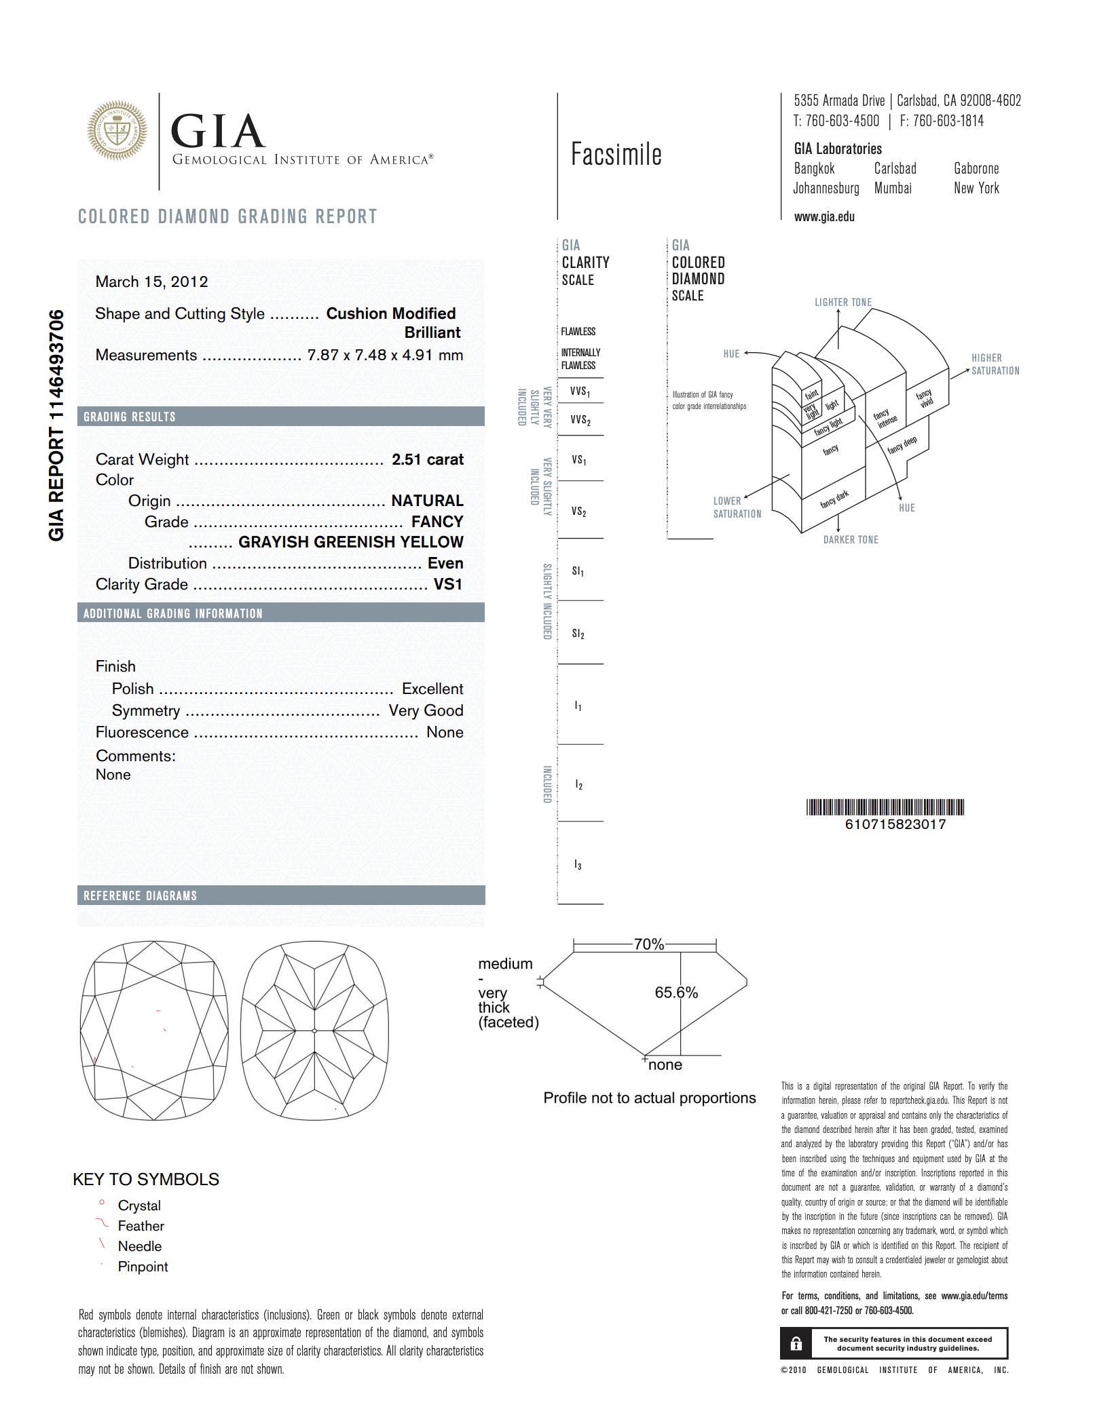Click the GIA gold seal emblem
pos(117,131)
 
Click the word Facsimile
pos(616,155)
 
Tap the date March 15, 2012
pos(151,282)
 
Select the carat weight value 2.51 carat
pos(427,459)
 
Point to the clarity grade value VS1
pos(448,584)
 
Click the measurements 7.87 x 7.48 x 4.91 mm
pos(385,355)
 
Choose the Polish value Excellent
pos(432,689)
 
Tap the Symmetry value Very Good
pos(426,710)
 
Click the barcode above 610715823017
pos(885,807)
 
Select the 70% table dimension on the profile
pos(648,944)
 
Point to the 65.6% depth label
pos(676,993)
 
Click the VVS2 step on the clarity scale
pos(580,421)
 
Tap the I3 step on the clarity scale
pos(578,864)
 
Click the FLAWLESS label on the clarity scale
pos(578,332)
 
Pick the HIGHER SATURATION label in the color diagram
pos(995,364)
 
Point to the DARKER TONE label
pos(851,540)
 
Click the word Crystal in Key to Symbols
pos(139,1206)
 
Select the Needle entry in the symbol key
pos(139,1246)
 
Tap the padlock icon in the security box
pos(796,1344)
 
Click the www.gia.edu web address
pos(824,217)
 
